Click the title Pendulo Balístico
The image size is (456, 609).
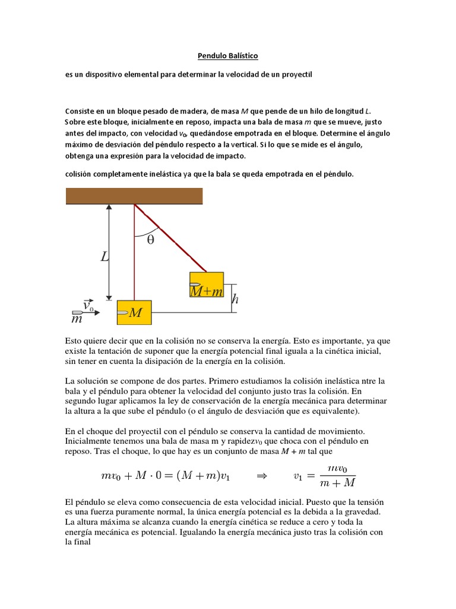click(227, 56)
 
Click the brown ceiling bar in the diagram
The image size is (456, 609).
click(134, 195)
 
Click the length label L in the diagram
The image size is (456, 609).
click(104, 257)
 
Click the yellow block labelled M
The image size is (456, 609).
click(135, 312)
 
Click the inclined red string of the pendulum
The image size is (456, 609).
click(172, 238)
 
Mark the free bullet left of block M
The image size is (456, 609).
click(78, 312)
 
